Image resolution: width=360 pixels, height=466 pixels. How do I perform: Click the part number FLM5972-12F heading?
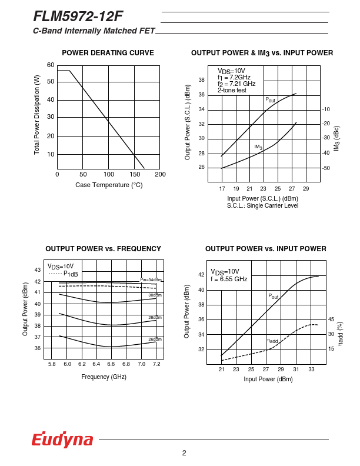[x=78, y=16]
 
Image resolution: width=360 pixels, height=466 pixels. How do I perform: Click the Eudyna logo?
[x=62, y=440]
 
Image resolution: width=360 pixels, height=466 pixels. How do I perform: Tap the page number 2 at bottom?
[x=184, y=452]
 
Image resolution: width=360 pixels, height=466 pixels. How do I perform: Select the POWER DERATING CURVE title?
[x=108, y=53]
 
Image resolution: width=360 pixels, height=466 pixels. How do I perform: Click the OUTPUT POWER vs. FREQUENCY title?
[x=103, y=249]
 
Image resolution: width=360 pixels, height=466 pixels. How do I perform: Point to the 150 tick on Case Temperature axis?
[x=134, y=175]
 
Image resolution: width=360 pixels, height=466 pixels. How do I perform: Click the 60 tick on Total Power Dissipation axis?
[x=51, y=65]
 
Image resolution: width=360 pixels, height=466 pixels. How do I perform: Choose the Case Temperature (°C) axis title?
[x=109, y=185]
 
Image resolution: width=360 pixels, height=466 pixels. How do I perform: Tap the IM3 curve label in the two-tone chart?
[x=258, y=147]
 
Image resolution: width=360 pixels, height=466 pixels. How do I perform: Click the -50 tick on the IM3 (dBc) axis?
[x=325, y=168]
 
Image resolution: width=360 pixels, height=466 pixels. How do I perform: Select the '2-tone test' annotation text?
[x=232, y=90]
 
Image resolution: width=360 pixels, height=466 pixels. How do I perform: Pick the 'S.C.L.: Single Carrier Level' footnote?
[x=262, y=205]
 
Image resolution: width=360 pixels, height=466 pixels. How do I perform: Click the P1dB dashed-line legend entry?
[x=64, y=274]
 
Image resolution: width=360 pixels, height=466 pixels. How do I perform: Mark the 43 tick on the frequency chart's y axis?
[x=38, y=270]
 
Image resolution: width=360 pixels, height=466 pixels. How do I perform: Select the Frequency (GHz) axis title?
[x=104, y=377]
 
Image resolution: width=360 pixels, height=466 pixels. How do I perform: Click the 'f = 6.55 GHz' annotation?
[x=229, y=279]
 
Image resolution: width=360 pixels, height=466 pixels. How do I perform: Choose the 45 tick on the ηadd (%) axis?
[x=331, y=319]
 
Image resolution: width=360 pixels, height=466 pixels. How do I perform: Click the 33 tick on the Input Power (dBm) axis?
[x=311, y=370]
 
